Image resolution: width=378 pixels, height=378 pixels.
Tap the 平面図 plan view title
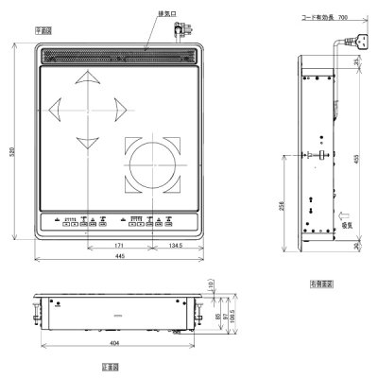43,30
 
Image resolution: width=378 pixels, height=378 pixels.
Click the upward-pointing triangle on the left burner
87,77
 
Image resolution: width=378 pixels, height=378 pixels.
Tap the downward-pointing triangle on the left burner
87,143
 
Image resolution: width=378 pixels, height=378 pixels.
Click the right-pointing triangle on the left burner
119,110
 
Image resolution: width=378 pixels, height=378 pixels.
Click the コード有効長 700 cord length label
325,17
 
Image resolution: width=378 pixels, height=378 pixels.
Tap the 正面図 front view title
111,365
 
